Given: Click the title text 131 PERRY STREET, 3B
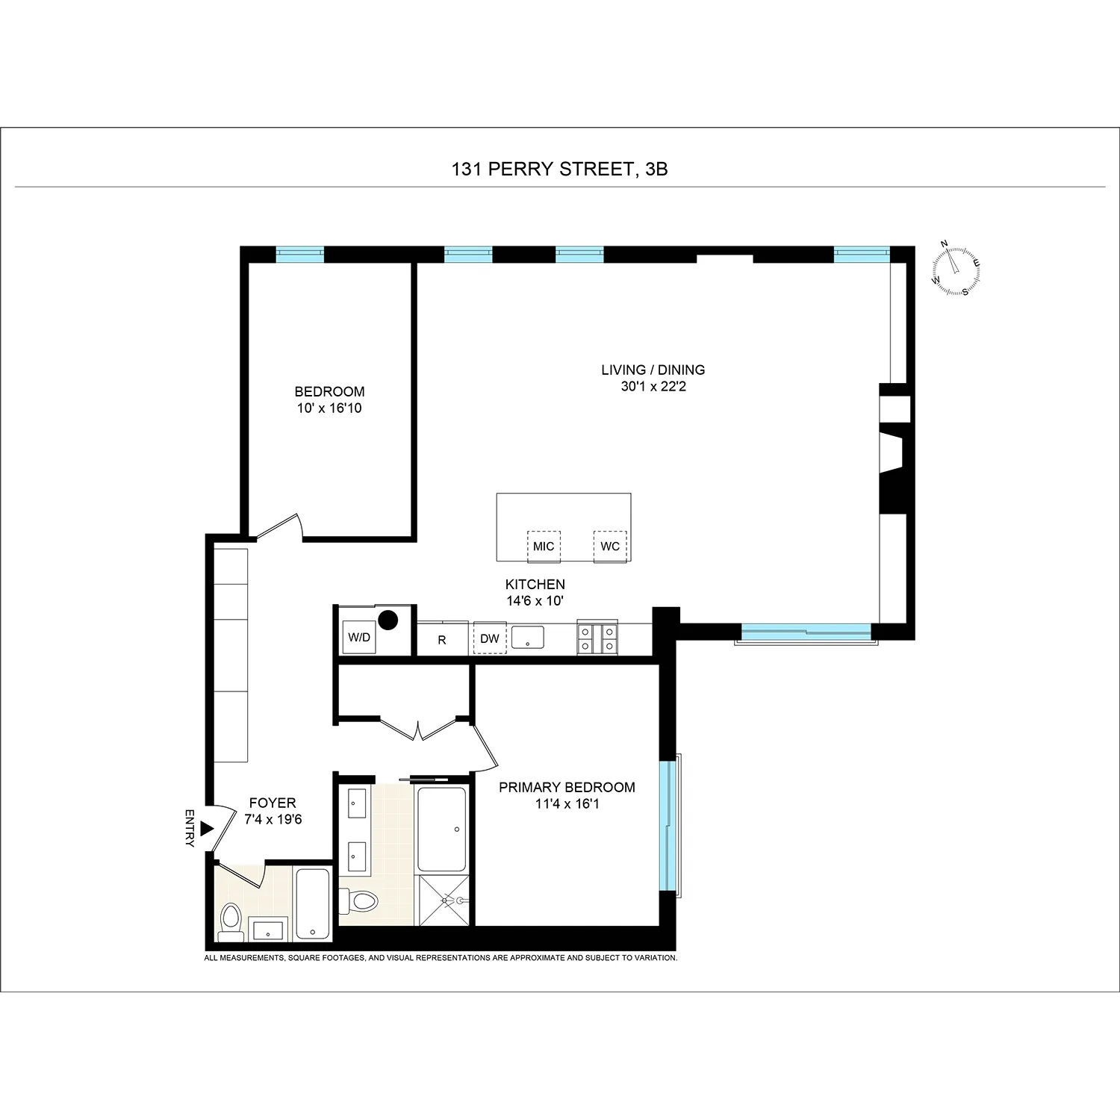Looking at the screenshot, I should (559, 169).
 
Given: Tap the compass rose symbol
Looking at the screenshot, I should (956, 268).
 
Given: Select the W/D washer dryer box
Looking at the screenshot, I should (359, 638).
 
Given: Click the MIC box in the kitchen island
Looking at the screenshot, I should (544, 547).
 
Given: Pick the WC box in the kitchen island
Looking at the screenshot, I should (610, 547).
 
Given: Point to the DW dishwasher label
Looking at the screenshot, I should (490, 639).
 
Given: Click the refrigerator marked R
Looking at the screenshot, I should (442, 640).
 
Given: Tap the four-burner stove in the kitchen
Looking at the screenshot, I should (597, 638).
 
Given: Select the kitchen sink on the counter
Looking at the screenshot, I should (527, 638).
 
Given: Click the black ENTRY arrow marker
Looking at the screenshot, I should (208, 829).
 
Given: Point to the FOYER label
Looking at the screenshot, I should (273, 803).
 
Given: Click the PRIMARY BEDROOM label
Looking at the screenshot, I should (567, 787).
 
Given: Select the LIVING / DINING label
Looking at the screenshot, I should (653, 370).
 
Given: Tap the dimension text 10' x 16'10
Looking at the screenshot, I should (329, 408).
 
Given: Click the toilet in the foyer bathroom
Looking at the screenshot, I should (230, 920).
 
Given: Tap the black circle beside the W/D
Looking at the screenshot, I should (387, 619).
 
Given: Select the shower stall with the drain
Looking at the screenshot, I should (444, 900).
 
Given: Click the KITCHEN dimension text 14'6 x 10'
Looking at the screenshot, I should (535, 600).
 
